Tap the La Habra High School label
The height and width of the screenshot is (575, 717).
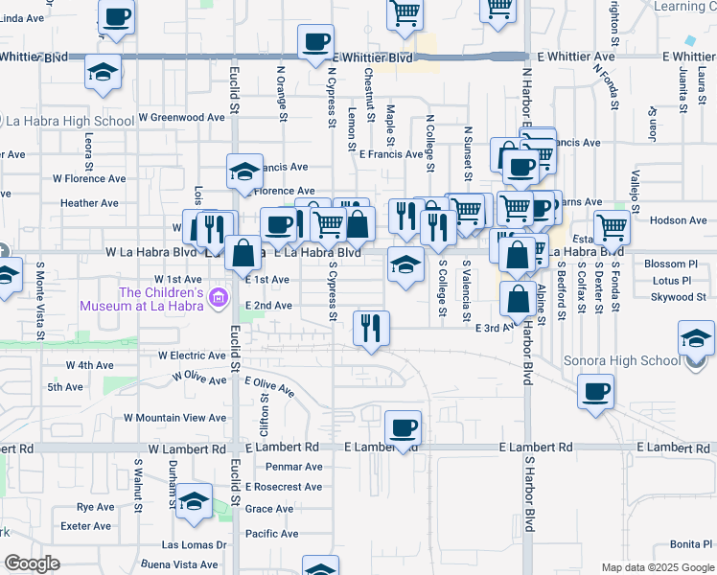(70, 122)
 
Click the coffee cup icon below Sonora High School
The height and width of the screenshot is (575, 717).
(595, 391)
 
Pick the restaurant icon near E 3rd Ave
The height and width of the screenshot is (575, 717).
(370, 328)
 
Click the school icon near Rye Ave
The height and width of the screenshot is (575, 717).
(194, 501)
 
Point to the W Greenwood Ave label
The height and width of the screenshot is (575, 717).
(181, 118)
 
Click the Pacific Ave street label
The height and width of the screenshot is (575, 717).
(269, 534)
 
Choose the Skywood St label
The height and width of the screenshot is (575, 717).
(678, 297)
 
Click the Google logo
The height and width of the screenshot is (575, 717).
(32, 563)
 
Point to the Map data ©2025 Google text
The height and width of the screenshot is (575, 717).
(657, 567)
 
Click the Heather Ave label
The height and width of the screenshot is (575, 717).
(89, 203)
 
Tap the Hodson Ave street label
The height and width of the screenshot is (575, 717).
(678, 220)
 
